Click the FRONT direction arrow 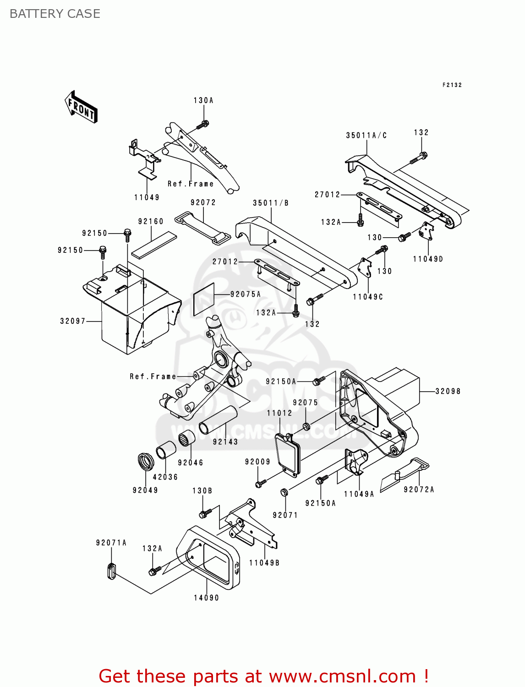81,107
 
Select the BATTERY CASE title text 55,14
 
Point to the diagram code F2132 452,85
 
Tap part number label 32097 73,321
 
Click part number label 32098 448,391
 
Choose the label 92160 151,221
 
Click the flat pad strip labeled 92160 154,245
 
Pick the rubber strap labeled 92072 202,228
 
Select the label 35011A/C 366,135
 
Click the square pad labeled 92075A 203,300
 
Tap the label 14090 206,598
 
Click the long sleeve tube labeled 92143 218,420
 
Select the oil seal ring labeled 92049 145,461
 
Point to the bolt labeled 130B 205,513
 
